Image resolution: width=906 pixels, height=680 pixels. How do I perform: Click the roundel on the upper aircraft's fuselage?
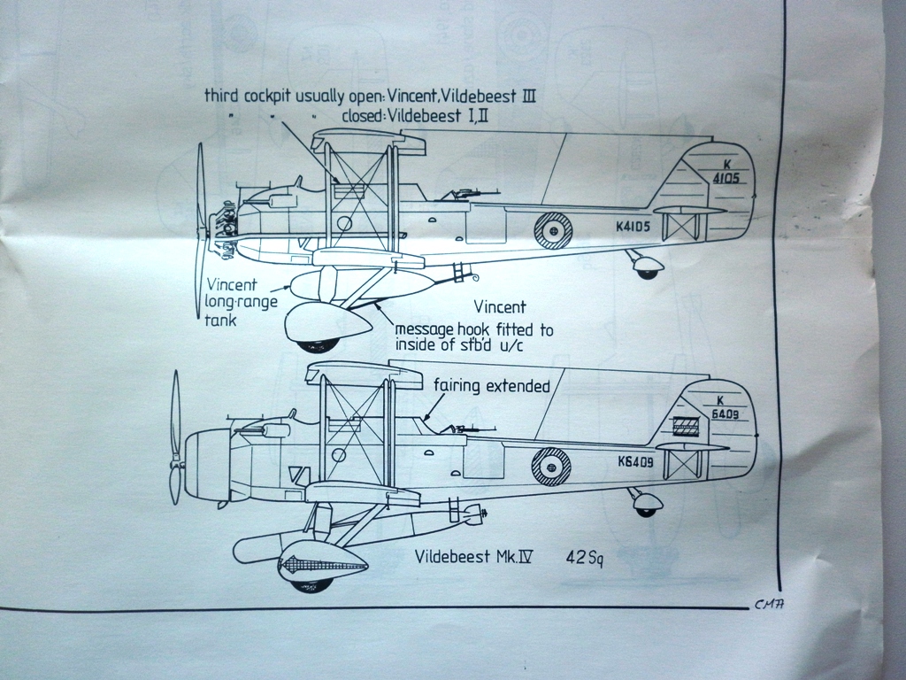553,230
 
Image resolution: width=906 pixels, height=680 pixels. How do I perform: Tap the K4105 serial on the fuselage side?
633,226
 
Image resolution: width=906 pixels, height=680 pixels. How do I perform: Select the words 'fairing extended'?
492,386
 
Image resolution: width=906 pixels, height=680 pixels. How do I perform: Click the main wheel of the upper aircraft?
313,344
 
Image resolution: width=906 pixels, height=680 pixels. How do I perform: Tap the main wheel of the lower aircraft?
312,583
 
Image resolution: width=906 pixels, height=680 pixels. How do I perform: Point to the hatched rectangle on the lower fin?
686,426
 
